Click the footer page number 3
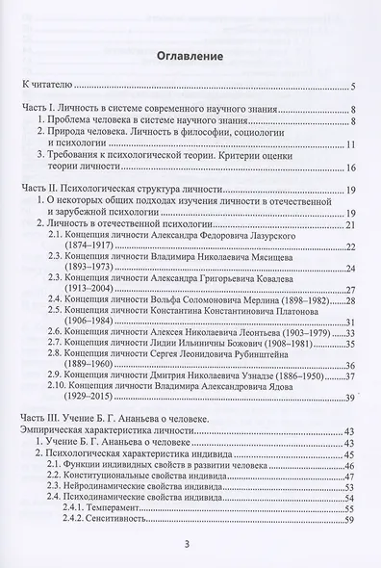click(x=190, y=546)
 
